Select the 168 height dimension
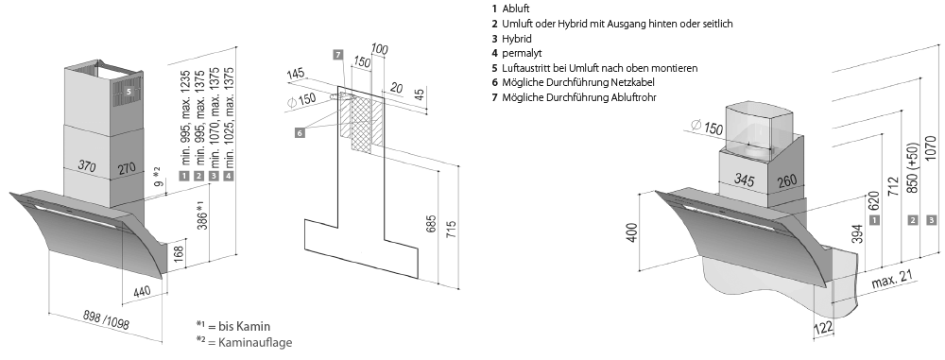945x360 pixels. [x=179, y=253]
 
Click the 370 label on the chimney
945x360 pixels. [x=88, y=165]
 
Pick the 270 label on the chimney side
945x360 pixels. [x=127, y=168]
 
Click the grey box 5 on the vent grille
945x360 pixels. [x=129, y=91]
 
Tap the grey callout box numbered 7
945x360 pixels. [x=338, y=55]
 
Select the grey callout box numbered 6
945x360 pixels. [x=301, y=132]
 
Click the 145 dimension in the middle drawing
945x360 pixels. [x=295, y=74]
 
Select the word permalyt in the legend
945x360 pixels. [x=522, y=53]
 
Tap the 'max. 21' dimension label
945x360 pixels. [x=893, y=279]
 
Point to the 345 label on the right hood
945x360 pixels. [x=746, y=179]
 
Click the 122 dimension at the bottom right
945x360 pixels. [x=823, y=328]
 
